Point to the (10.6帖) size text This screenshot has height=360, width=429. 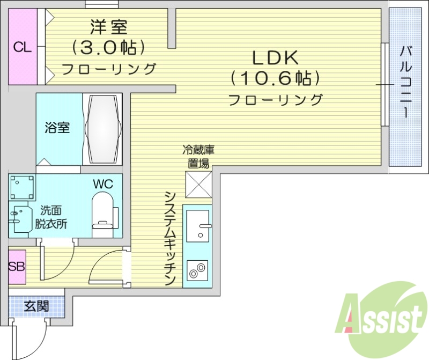coord(275,78)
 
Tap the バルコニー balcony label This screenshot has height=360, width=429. coord(406,83)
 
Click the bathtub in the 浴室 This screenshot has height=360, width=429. coord(102,129)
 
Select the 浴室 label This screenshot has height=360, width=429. coord(56,128)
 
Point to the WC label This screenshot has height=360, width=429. coord(102,183)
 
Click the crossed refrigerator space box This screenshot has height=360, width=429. coord(198,184)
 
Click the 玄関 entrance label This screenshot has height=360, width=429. coord(36,306)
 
